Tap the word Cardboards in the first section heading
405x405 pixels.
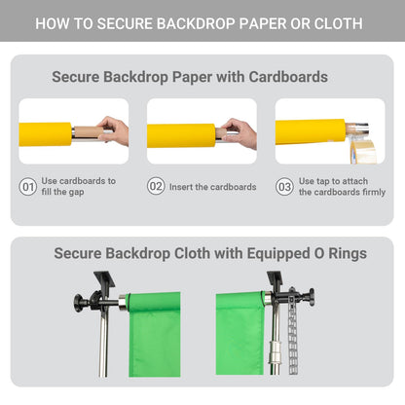pos(288,77)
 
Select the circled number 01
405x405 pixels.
pos(27,187)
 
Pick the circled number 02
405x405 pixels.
pos(156,186)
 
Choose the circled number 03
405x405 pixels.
pos(284,187)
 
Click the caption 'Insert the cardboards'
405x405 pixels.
pos(213,187)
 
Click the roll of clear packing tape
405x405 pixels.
pos(363,151)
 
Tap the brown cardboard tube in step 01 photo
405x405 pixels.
pos(89,132)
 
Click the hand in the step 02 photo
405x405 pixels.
pos(239,132)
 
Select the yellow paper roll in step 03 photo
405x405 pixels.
pos(311,131)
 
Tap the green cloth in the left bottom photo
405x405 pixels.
pos(155,334)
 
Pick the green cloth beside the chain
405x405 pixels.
pos(240,333)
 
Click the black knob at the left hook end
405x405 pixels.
pos(78,303)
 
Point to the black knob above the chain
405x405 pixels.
pos(312,297)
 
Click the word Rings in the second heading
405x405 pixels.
pos(348,253)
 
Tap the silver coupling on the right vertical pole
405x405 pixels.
pos(275,352)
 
